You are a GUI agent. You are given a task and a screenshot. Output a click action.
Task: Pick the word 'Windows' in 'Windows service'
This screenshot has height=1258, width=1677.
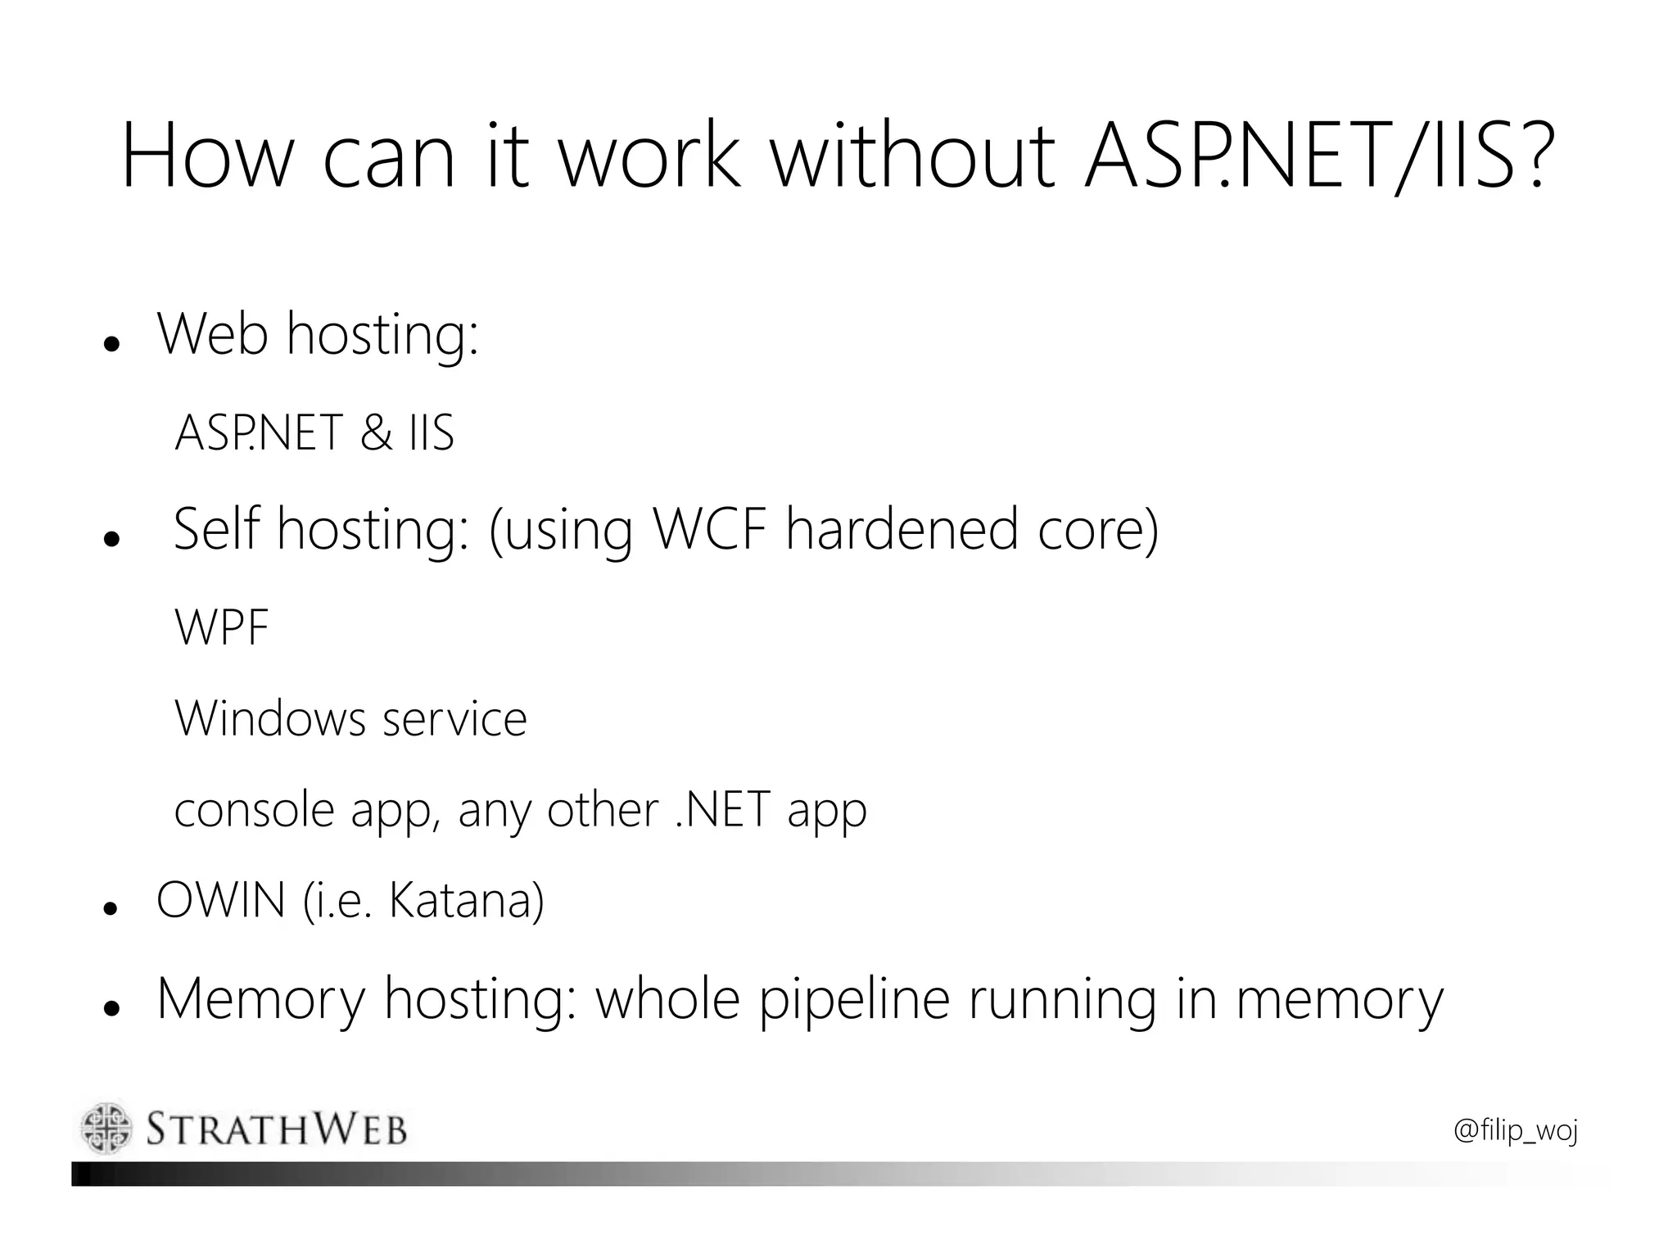point(270,719)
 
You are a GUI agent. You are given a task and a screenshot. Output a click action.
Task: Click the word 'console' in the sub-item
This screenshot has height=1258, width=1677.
point(255,811)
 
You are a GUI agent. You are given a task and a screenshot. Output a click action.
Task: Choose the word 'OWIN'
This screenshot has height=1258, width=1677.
point(220,900)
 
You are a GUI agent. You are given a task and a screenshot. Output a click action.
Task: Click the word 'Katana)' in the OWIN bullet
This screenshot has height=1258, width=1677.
point(466,900)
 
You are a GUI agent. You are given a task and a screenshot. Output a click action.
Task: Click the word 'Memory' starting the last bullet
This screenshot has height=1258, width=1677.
point(260,1001)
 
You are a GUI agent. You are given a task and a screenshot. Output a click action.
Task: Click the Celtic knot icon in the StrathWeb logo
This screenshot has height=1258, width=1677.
point(106,1128)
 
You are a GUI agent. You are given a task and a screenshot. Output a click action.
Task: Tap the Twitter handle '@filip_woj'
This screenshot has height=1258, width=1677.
point(1516,1131)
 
